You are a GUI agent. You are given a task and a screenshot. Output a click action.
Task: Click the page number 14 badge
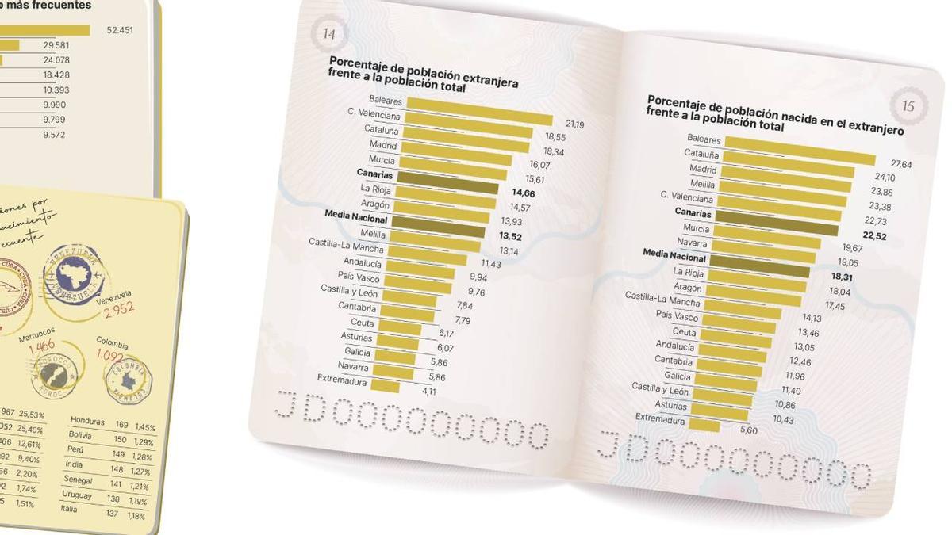click(329, 34)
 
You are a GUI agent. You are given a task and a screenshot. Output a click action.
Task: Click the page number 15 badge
click(908, 105)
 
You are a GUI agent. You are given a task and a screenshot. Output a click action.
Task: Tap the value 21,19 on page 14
click(575, 124)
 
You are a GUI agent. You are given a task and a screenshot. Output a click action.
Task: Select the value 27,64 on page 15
click(901, 164)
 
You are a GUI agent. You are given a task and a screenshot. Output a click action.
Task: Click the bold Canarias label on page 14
click(374, 174)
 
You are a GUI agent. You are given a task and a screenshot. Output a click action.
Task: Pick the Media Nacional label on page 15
click(674, 256)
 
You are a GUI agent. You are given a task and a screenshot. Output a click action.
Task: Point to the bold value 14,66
click(523, 193)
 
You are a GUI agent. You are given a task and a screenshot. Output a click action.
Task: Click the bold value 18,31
click(841, 277)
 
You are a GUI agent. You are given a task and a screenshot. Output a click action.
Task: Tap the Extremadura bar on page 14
click(385, 386)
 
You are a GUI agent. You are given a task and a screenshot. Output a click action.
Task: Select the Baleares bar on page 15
click(800, 149)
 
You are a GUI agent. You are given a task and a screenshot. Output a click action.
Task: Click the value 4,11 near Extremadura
click(429, 391)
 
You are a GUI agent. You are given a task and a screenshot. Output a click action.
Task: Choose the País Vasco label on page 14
click(359, 277)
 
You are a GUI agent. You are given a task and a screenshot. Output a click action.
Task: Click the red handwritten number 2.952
click(118, 310)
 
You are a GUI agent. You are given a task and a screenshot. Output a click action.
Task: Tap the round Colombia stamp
click(129, 380)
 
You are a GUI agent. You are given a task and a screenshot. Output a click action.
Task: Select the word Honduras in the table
click(88, 421)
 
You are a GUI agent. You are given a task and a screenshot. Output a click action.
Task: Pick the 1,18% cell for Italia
click(136, 516)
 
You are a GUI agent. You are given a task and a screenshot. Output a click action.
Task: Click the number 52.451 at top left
click(120, 31)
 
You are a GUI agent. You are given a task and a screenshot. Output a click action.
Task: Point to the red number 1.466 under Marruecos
click(41, 345)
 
